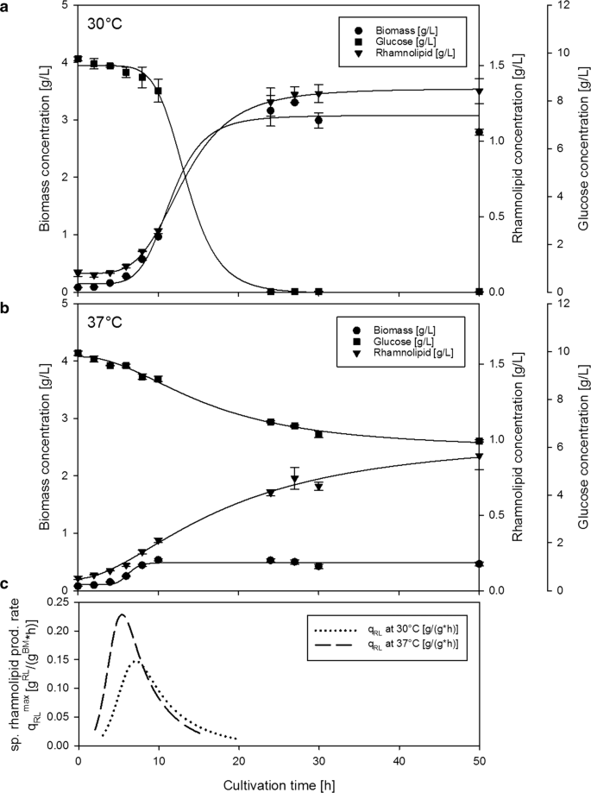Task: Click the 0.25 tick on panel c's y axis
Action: coord(59,602)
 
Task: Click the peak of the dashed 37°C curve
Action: coord(122,614)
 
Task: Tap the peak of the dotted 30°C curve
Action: coord(135,661)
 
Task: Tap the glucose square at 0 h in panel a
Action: coord(79,60)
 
